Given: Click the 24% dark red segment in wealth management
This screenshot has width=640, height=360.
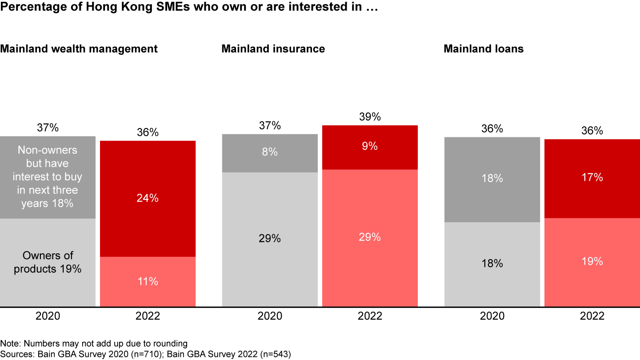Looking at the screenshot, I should click(x=148, y=199).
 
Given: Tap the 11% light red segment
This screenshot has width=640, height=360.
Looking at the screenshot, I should click(x=148, y=281).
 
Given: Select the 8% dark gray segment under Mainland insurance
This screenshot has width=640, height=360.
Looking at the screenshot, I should click(x=270, y=152).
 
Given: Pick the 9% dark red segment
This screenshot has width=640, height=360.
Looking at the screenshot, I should click(x=370, y=147).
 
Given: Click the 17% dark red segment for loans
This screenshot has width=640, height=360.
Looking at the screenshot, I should click(x=592, y=178).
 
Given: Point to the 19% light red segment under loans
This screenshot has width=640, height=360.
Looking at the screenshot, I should click(x=592, y=261).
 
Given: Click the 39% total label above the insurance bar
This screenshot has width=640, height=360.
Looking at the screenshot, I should click(x=370, y=117).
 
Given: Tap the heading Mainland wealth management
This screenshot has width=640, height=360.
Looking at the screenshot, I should click(x=79, y=48).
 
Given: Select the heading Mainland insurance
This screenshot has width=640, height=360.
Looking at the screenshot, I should click(x=273, y=48).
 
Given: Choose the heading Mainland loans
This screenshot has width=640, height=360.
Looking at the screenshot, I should click(x=484, y=48).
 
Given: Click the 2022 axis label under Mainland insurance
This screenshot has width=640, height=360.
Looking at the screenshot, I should click(x=370, y=316).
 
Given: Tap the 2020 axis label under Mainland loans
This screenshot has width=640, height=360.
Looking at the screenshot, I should click(x=492, y=316).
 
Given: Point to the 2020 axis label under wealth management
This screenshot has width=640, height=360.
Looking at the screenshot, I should click(x=48, y=316).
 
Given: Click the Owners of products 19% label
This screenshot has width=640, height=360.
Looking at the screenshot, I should click(x=48, y=262).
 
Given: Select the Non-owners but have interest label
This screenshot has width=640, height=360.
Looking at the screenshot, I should click(x=48, y=177).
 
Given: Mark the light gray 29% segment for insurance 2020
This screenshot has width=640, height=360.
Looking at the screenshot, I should click(x=270, y=239).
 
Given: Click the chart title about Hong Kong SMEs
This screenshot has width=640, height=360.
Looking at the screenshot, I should click(x=189, y=8).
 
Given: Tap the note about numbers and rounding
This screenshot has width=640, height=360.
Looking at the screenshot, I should click(x=94, y=344).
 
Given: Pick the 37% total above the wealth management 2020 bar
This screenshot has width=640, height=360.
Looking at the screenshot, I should click(x=48, y=128).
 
